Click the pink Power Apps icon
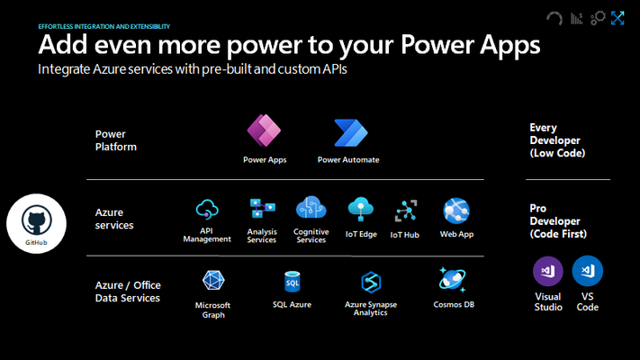click(264, 130)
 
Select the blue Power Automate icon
click(351, 132)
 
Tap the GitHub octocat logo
click(36, 220)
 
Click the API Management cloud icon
click(207, 210)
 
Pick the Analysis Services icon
click(262, 209)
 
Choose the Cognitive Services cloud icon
click(311, 207)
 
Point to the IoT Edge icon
click(360, 209)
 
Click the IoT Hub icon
click(406, 211)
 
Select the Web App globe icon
click(456, 211)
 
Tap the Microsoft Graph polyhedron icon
click(213, 281)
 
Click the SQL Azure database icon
click(293, 282)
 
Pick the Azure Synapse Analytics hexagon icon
click(371, 282)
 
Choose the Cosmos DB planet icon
click(452, 280)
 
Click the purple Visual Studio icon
click(548, 271)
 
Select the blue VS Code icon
click(588, 271)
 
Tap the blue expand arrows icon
click(617, 18)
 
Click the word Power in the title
click(437, 44)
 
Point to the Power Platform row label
click(115, 140)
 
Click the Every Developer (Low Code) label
click(557, 140)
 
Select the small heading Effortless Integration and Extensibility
click(104, 26)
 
